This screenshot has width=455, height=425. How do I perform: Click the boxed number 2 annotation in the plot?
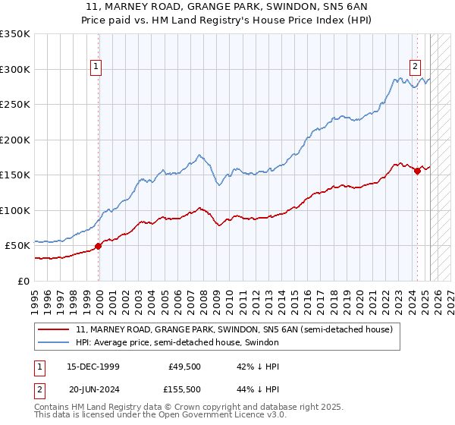(x=416, y=65)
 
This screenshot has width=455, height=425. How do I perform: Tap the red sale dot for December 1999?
(x=99, y=246)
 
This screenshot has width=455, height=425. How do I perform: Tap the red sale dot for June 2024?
(x=417, y=171)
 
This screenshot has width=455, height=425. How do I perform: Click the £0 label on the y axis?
(x=24, y=281)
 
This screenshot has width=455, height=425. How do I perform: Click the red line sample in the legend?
(x=55, y=330)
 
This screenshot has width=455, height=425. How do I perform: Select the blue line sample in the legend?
(x=55, y=343)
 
